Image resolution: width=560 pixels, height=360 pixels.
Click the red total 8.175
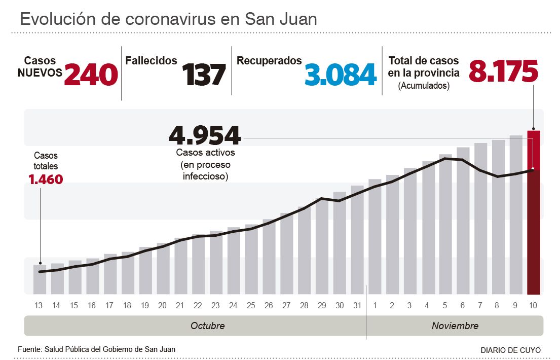503,71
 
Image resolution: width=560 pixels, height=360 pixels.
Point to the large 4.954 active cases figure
205,135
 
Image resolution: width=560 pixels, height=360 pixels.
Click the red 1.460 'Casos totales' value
46,179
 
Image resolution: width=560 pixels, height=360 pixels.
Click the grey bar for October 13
40,279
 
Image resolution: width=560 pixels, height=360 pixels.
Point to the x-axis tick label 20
162,306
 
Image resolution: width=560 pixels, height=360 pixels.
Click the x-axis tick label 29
322,306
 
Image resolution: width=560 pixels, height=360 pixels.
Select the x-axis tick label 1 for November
375,306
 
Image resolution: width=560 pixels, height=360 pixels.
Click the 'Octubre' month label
207,326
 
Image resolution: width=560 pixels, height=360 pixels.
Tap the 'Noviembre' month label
455,326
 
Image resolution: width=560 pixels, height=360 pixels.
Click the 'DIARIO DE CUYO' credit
510,350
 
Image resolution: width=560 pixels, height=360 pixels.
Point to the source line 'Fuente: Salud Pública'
97,349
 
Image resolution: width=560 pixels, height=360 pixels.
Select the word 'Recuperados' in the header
269,61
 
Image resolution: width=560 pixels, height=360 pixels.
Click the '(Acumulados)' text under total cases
424,86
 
